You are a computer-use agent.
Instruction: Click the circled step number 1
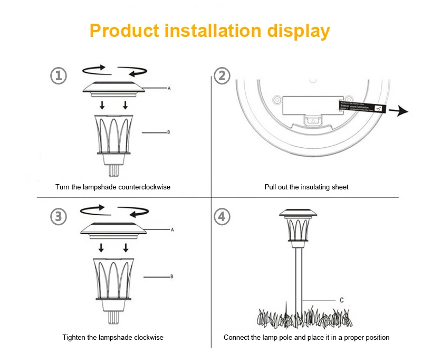(x=58, y=75)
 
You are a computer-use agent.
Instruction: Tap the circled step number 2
(x=223, y=75)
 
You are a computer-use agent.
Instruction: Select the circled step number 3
(x=58, y=216)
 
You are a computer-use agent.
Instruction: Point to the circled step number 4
(x=223, y=216)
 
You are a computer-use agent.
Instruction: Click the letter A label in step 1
(x=169, y=89)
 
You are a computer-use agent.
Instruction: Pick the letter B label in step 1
(x=168, y=132)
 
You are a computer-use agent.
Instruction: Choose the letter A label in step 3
(x=172, y=230)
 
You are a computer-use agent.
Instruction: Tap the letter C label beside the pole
(x=341, y=300)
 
